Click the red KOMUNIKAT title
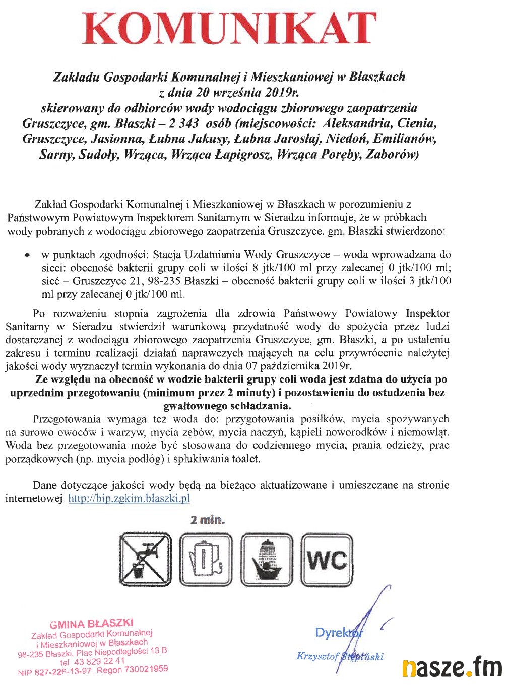click(229, 29)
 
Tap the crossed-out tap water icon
click(146, 560)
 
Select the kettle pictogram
click(206, 560)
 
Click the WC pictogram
click(327, 560)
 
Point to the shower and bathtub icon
click(267, 560)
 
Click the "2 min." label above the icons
click(208, 520)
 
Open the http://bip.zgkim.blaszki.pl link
click(129, 499)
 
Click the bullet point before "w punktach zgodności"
click(28, 255)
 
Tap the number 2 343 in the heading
click(182, 123)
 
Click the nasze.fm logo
click(452, 667)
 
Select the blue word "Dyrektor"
click(338, 632)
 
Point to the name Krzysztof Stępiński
click(340, 656)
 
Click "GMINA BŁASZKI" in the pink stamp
click(91, 624)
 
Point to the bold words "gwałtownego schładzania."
click(227, 406)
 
